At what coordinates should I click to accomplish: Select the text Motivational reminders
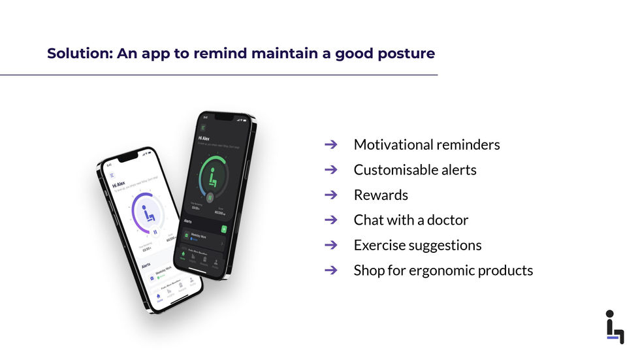pos(426,144)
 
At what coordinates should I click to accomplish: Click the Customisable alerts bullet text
pos(415,170)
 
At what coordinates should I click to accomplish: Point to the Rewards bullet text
pos(380,195)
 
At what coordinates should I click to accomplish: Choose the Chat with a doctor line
pos(411,220)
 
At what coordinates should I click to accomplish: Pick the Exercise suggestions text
pos(417,245)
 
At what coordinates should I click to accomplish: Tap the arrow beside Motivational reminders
pos(330,144)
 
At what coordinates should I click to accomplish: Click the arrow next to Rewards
pos(330,195)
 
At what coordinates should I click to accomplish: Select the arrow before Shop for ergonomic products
pos(330,270)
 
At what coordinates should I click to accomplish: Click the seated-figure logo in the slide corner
pos(613,327)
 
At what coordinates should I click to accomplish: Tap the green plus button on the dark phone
pos(224,229)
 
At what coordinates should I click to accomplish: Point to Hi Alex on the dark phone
pos(204,139)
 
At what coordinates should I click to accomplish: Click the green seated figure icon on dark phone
pos(211,175)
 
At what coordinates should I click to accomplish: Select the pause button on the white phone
pos(155,231)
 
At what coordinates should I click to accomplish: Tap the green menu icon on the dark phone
pos(203,127)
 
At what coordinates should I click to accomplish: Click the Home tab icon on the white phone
pos(158,297)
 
